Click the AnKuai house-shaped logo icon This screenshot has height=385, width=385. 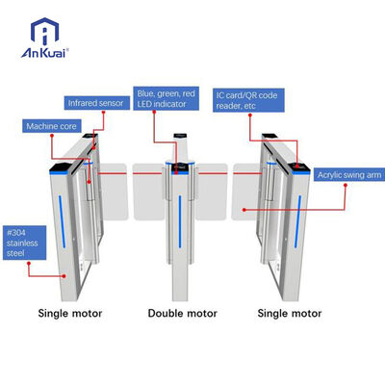click(x=44, y=31)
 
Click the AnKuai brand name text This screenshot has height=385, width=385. click(x=44, y=53)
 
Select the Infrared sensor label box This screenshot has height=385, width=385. click(x=96, y=103)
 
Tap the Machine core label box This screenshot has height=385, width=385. click(x=51, y=126)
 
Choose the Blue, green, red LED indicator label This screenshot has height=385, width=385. click(x=166, y=98)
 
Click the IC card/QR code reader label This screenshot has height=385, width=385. click(x=248, y=100)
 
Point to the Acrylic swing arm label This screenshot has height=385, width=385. click(x=349, y=175)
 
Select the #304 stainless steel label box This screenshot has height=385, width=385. click(x=24, y=243)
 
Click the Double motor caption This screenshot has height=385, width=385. click(x=182, y=313)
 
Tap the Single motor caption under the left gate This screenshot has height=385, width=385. click(x=70, y=313)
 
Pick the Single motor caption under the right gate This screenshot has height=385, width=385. click(x=290, y=313)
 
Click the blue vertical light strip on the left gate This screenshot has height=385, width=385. click(x=62, y=221)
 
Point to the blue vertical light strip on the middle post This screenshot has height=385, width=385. click(x=180, y=221)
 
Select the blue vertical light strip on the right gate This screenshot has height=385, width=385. click(x=298, y=221)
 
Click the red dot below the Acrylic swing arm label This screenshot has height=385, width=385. click(x=346, y=185)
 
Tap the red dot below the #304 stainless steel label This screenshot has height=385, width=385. click(x=29, y=263)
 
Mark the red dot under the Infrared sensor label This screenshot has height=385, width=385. click(x=104, y=112)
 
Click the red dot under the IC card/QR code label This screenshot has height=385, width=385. click(x=249, y=114)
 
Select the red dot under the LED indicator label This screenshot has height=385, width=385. click(x=154, y=112)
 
